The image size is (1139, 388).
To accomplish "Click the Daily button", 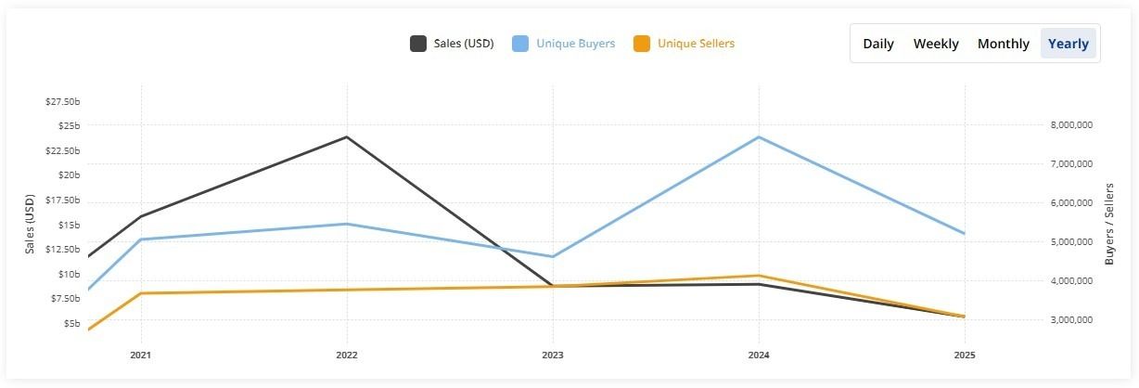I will click(x=878, y=44).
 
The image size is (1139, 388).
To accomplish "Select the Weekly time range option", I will click(x=936, y=44).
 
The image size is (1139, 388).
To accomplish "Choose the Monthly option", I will click(x=1003, y=44).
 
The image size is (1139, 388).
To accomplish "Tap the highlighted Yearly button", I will click(x=1069, y=44).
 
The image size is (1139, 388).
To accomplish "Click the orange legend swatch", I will click(x=641, y=44).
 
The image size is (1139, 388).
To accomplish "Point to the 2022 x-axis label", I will click(x=347, y=355).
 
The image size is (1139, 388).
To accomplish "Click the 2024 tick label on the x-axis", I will click(x=759, y=355).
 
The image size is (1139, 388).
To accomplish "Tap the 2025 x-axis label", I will click(x=965, y=355).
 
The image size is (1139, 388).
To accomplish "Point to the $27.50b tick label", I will click(x=63, y=101).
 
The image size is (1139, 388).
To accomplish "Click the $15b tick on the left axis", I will click(x=68, y=225).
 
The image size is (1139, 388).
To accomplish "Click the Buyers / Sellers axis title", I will click(x=1109, y=224).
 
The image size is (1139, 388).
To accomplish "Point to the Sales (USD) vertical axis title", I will click(x=30, y=224).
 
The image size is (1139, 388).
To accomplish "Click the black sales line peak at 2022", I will click(x=347, y=137).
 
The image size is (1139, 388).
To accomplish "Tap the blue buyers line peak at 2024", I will click(x=759, y=137).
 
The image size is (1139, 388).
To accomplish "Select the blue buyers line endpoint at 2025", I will click(x=965, y=233).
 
